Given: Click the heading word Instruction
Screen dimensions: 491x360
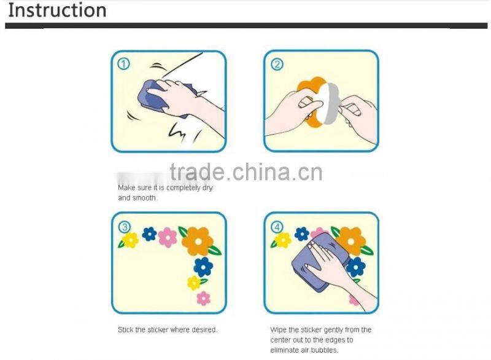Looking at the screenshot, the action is (x=57, y=10).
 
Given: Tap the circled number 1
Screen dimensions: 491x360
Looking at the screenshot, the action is (x=123, y=64).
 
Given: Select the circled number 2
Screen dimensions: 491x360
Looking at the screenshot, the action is (x=277, y=65).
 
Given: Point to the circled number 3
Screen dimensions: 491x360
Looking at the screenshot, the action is (x=125, y=227).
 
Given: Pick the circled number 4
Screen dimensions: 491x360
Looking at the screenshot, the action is (x=277, y=227).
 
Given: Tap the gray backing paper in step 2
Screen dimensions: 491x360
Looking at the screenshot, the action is (x=330, y=103).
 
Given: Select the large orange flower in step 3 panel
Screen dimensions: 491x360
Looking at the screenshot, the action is (x=198, y=241).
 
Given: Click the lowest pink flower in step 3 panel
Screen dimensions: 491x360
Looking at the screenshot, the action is (x=204, y=298).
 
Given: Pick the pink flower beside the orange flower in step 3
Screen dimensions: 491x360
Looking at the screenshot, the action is (x=168, y=237).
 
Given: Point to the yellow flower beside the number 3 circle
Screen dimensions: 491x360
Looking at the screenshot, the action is (x=130, y=240).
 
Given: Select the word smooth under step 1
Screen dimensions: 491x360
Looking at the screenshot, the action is (x=144, y=198).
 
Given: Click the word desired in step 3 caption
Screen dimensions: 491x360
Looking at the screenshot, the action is (x=204, y=330).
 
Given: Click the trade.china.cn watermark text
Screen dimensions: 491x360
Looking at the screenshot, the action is (x=246, y=172).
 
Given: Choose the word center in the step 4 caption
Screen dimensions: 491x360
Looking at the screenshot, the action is (x=280, y=340).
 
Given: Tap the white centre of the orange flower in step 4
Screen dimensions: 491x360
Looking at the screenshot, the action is (x=350, y=241).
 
